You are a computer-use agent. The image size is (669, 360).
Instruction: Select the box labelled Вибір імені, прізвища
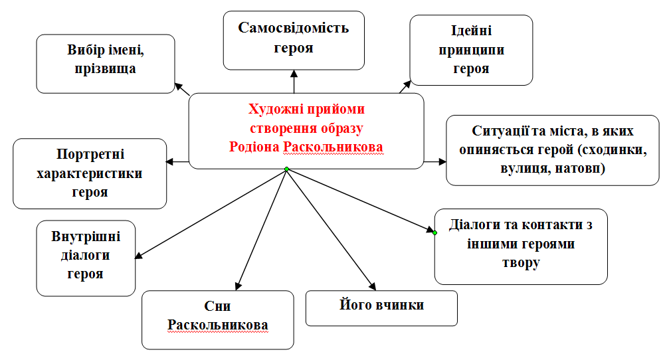click(106, 63)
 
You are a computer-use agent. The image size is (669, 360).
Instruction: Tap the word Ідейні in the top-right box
click(471, 32)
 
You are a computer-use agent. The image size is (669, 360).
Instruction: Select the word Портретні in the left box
click(90, 155)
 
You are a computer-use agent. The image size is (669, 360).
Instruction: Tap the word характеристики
click(90, 174)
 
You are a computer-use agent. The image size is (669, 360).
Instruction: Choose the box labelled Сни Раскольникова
click(218, 319)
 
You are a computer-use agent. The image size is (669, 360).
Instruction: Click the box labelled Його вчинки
click(381, 308)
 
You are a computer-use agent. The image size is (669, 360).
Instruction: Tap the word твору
click(520, 263)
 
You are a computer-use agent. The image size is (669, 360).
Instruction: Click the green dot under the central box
click(286, 169)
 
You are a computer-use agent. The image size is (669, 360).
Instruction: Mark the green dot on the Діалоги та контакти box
click(435, 232)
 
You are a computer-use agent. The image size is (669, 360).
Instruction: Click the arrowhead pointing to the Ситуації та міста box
click(441, 161)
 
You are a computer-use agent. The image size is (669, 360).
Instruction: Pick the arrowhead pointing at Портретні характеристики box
click(170, 161)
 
